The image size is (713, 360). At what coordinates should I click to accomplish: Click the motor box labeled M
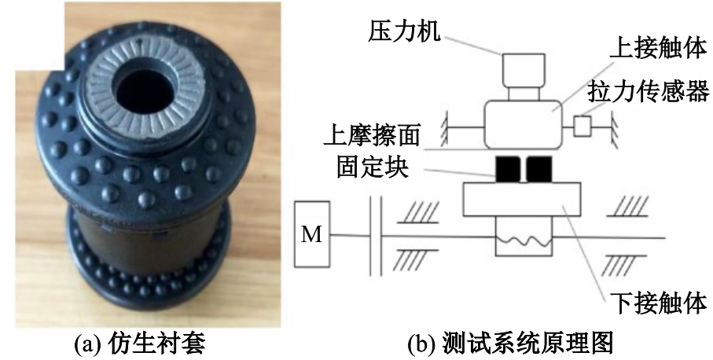point(313,234)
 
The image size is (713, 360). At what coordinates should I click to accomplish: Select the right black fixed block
point(540,167)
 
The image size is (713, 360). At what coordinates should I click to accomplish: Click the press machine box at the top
point(521,70)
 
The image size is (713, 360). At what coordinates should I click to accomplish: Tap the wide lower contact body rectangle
point(521,200)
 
